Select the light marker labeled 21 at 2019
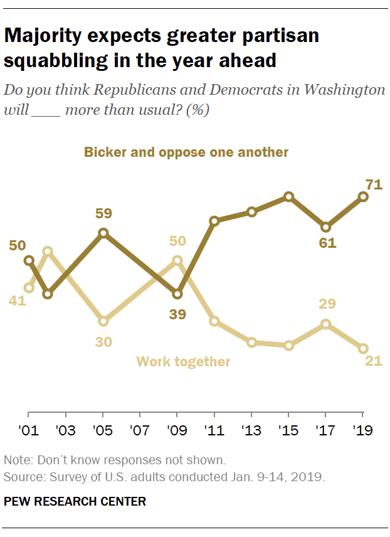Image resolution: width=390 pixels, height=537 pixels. point(363,349)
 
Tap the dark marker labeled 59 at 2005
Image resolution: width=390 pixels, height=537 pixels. point(103,233)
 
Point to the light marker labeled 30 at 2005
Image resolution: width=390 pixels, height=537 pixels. point(103,321)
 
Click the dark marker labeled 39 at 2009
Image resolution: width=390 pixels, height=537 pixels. point(177,294)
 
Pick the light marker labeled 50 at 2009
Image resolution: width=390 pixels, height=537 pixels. point(177,260)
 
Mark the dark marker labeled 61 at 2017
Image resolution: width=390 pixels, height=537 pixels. point(326,227)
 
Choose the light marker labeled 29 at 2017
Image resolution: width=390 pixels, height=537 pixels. point(326,324)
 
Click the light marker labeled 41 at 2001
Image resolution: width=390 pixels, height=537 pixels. point(29,288)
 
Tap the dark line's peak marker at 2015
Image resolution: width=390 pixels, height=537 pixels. point(289,197)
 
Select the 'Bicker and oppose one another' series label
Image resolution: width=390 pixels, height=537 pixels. point(186,152)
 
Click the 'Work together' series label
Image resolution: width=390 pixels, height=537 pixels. point(183,362)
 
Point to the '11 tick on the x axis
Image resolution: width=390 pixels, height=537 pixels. point(214,432)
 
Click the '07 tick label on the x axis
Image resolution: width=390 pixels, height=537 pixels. point(140,432)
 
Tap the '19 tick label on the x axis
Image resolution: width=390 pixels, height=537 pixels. point(363,432)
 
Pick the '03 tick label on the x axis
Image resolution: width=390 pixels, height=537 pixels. point(66,432)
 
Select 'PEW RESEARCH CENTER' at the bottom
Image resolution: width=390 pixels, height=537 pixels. point(75,501)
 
